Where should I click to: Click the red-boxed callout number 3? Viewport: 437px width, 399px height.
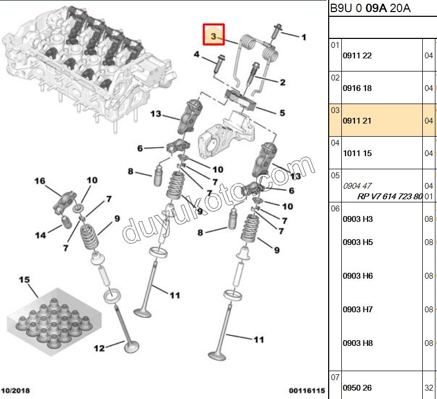(214, 36)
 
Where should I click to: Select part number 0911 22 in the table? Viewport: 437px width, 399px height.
(357, 56)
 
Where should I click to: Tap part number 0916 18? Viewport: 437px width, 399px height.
(357, 88)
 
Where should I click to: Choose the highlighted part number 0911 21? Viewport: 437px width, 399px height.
(357, 121)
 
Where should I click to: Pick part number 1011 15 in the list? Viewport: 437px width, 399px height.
(357, 154)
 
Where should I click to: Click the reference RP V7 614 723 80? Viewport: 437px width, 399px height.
(390, 197)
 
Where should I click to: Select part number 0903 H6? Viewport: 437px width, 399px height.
(358, 276)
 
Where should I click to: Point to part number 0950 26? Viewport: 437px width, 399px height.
(357, 388)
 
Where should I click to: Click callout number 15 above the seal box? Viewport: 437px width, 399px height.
(25, 280)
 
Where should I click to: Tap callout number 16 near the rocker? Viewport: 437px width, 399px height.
(40, 181)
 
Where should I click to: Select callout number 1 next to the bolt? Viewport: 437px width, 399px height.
(303, 37)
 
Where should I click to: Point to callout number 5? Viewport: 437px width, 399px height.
(282, 112)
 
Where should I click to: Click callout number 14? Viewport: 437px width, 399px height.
(40, 235)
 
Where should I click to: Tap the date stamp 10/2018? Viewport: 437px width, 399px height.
(16, 391)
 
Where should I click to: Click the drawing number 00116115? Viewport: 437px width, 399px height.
(307, 391)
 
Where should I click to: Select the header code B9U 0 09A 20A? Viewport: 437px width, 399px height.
(370, 8)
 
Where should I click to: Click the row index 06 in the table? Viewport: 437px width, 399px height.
(335, 208)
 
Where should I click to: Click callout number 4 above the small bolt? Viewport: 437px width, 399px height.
(196, 54)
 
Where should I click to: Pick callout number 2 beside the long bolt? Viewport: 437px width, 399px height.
(282, 82)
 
